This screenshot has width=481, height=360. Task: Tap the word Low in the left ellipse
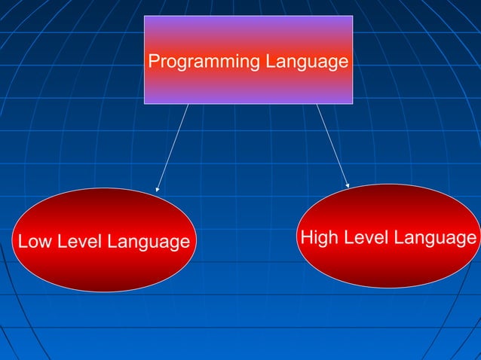[32, 242]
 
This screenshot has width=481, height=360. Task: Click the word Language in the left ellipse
[148, 243]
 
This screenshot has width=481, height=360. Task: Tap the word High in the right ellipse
[317, 238]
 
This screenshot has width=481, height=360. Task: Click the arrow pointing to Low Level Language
[173, 148]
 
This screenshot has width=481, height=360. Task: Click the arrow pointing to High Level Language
[332, 145]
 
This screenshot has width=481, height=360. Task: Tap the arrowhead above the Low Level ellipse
[158, 190]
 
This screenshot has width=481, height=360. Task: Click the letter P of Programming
[153, 61]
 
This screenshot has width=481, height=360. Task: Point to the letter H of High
[306, 238]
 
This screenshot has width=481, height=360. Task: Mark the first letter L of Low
[22, 242]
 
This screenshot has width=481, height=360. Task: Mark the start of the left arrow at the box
[188, 105]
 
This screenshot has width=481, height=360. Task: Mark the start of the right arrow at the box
[317, 105]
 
